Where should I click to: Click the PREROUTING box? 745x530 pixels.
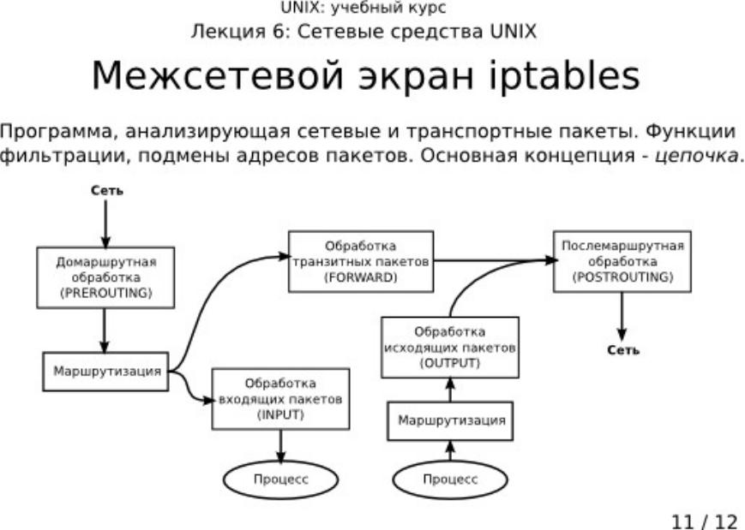(105, 277)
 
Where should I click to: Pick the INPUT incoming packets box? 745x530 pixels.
(281, 398)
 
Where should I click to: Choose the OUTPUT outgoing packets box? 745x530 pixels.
(450, 348)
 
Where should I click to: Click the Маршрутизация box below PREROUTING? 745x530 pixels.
(105, 372)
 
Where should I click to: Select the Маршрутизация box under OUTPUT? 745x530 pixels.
(450, 421)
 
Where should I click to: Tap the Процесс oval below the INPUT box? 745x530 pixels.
(280, 479)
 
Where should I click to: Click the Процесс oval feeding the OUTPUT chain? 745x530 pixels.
(450, 479)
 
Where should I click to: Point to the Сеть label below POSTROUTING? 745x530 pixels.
(623, 349)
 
